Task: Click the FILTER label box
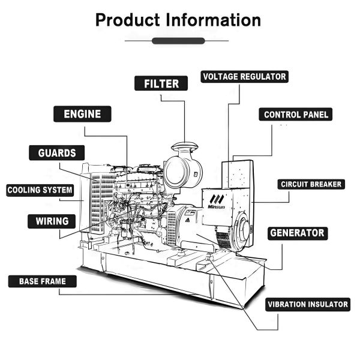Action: [x=161, y=83]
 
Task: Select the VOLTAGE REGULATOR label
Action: [x=244, y=77]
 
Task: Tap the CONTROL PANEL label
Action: [x=296, y=115]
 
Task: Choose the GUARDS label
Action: [x=57, y=153]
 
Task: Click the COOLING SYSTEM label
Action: [x=40, y=191]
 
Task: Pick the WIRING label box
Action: [x=52, y=221]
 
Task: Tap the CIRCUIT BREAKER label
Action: [x=311, y=184]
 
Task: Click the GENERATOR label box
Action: [x=297, y=233]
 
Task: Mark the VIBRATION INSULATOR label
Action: [x=308, y=304]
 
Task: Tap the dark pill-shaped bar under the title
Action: [x=178, y=41]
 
